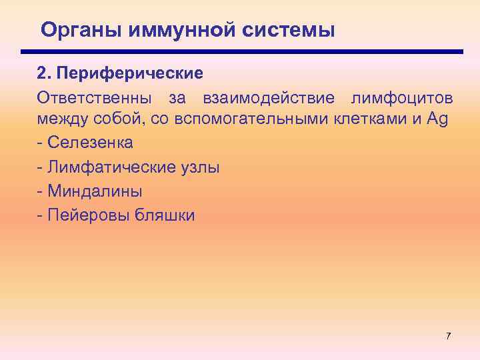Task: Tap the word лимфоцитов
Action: pos(404,99)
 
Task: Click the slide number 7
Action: pos(448,336)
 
